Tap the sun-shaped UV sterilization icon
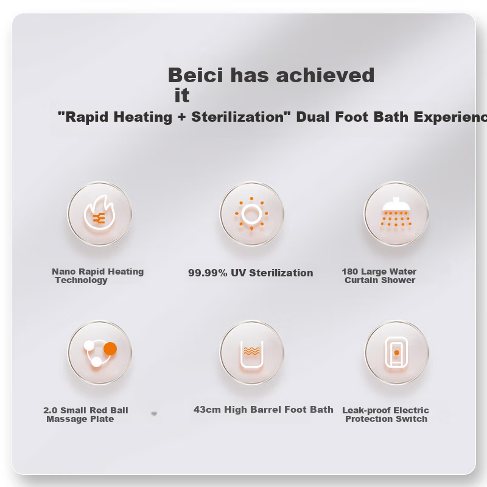pyautogui.click(x=251, y=214)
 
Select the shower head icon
pyautogui.click(x=396, y=212)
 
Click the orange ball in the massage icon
pyautogui.click(x=110, y=349)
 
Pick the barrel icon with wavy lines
pyautogui.click(x=252, y=354)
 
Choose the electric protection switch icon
pyautogui.click(x=396, y=352)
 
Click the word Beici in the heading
pyautogui.click(x=195, y=75)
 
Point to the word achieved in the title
pyautogui.click(x=325, y=75)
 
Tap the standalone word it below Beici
pyautogui.click(x=182, y=95)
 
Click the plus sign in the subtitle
pyautogui.click(x=181, y=117)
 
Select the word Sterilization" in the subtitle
pyautogui.click(x=241, y=117)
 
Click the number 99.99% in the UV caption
pyautogui.click(x=208, y=273)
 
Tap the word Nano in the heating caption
pyautogui.click(x=64, y=272)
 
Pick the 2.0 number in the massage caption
pyautogui.click(x=50, y=410)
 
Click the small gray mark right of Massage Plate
pyautogui.click(x=154, y=414)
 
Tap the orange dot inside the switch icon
pyautogui.click(x=397, y=352)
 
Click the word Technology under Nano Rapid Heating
pyautogui.click(x=82, y=280)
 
